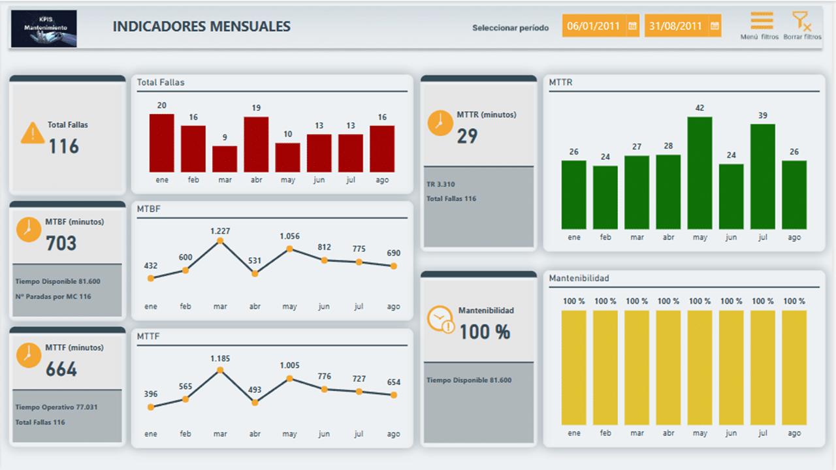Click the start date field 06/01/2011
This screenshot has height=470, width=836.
point(593,26)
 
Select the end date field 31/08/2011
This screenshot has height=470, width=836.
point(675,26)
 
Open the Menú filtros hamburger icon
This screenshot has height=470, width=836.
point(762,21)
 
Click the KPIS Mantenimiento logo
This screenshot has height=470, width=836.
point(44,28)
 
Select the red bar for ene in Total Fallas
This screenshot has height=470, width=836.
point(161,143)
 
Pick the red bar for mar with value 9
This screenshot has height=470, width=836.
point(225,159)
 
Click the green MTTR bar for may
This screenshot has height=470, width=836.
point(699,173)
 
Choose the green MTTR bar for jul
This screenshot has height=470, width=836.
point(762,176)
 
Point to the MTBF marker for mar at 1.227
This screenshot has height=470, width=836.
point(220,241)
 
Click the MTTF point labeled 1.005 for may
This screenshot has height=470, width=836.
point(289,379)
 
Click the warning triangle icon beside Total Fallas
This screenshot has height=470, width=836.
point(33,133)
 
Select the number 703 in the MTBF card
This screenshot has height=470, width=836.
point(61,244)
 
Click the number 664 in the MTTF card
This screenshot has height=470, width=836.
point(61,370)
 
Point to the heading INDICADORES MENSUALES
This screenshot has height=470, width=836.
point(201,27)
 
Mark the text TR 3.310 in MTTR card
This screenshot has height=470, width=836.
point(441,185)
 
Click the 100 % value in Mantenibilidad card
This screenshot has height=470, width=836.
point(484,332)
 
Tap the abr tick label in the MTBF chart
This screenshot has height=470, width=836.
point(255,307)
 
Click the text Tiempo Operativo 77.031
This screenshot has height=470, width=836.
point(56,407)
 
